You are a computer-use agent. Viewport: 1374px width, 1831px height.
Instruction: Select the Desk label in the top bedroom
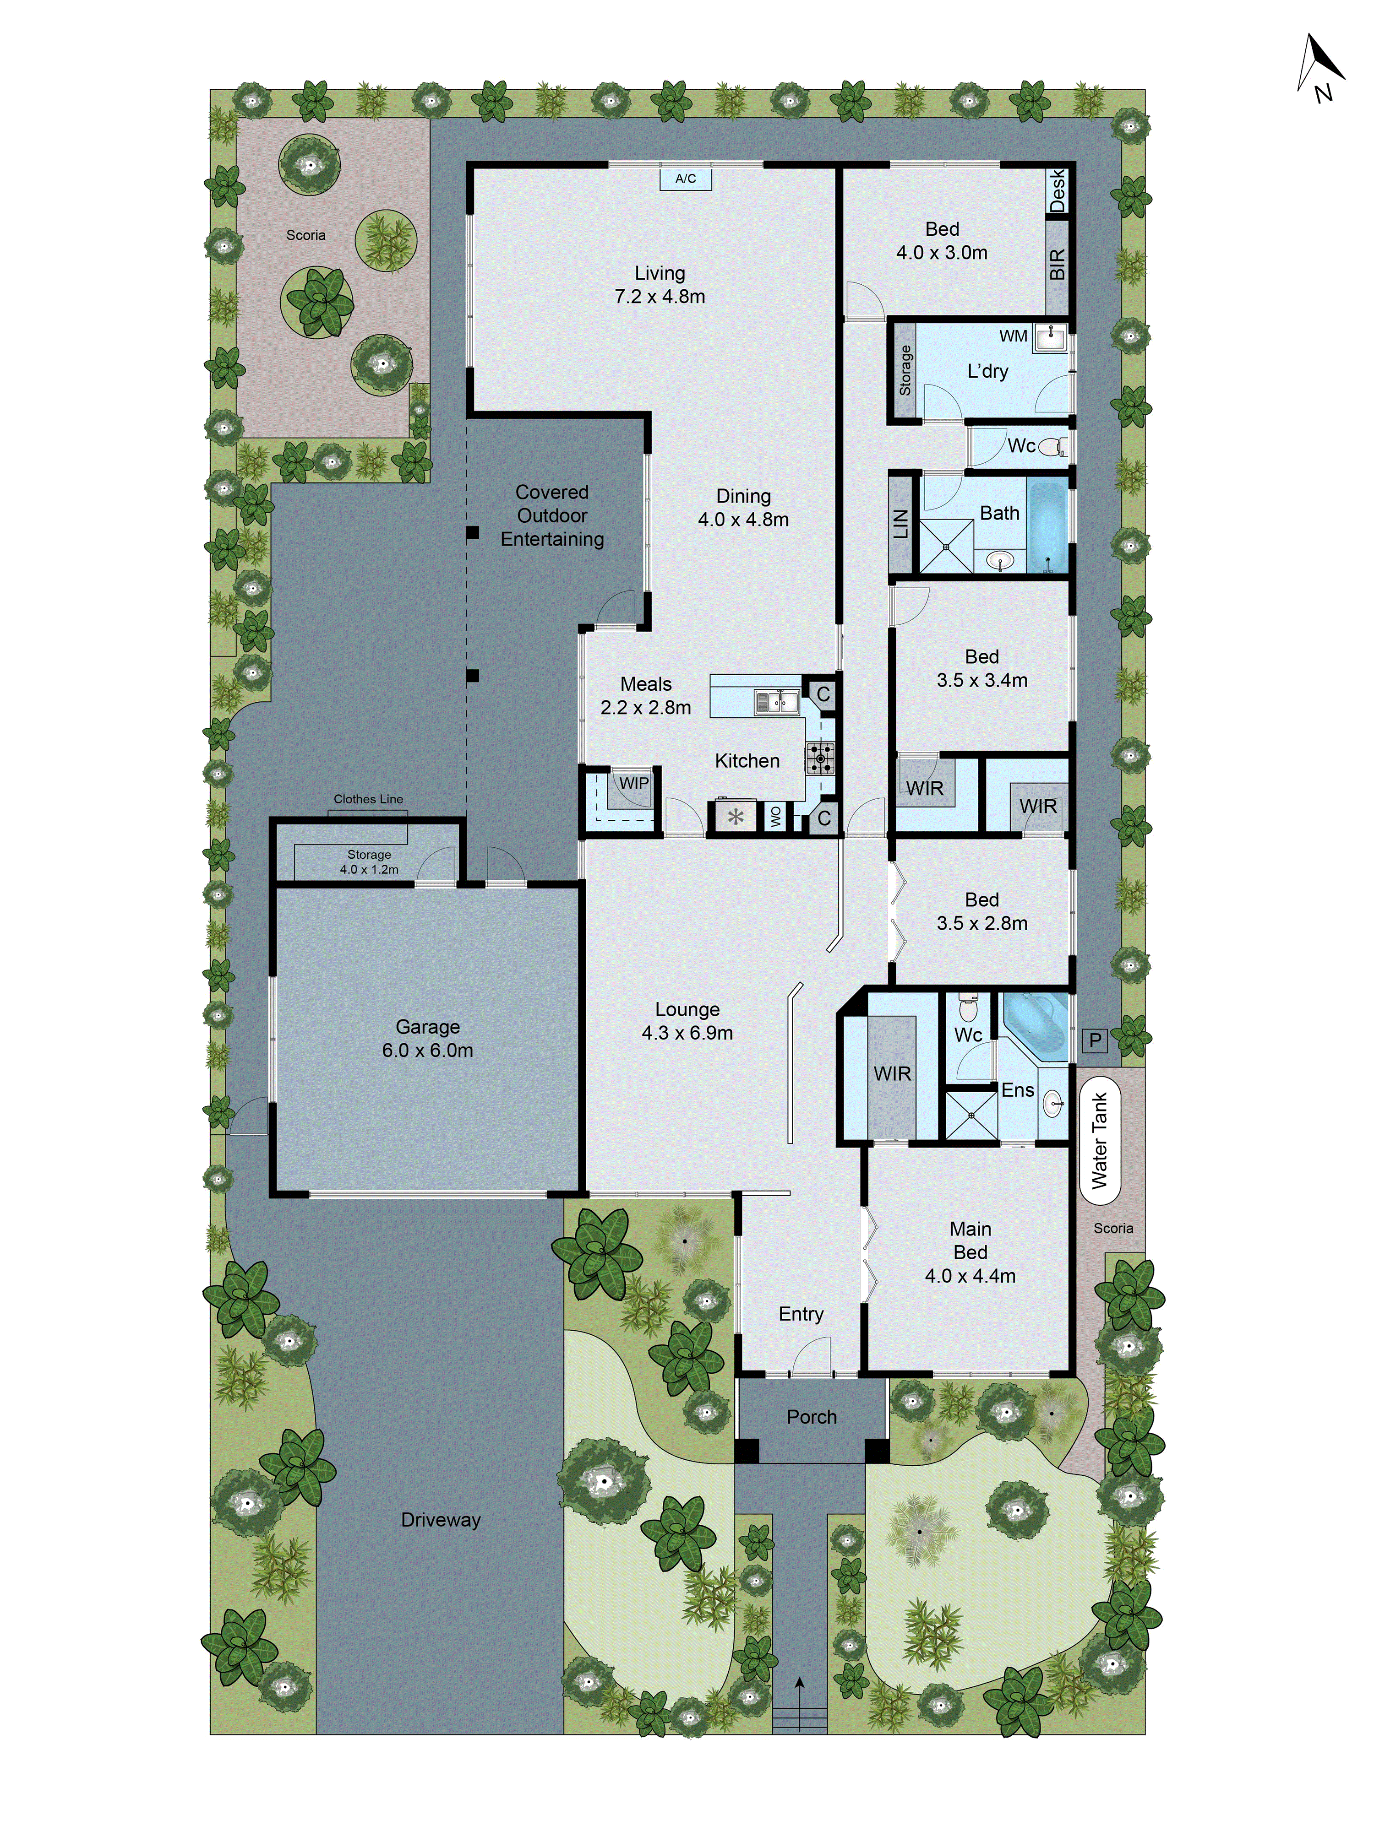click(1057, 190)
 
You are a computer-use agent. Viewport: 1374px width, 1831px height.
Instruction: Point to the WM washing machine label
click(1013, 336)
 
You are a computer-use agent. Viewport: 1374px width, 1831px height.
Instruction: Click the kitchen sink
click(777, 702)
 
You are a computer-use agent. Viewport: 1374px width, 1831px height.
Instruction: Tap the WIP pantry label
click(633, 783)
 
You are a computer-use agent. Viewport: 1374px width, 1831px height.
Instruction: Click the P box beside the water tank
click(1095, 1040)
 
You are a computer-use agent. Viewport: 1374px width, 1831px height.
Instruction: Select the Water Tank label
click(1099, 1141)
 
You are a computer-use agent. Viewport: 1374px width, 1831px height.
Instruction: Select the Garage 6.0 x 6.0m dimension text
click(427, 1051)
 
